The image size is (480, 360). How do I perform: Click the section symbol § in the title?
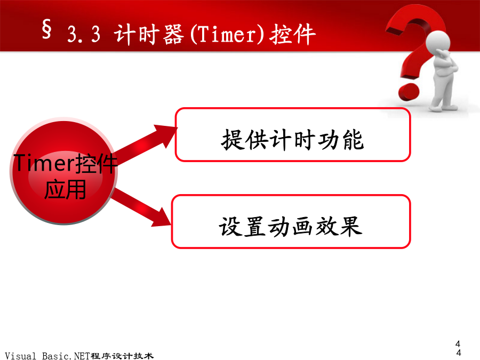point(46,29)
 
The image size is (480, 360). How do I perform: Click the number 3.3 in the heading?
point(84,34)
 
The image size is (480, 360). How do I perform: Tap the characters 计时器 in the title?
point(149,34)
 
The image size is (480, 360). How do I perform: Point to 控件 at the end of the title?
point(292,34)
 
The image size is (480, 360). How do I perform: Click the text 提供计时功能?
point(292,140)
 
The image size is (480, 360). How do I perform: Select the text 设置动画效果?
point(290,227)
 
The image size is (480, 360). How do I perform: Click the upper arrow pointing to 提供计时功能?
point(145,143)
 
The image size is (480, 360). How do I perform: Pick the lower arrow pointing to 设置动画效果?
point(141,207)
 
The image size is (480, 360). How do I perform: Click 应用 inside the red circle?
point(65,189)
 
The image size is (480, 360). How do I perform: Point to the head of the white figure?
point(438,42)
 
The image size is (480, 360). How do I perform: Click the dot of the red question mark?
point(409,91)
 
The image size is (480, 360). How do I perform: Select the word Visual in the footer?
point(20,356)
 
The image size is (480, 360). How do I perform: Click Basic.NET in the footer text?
point(66,356)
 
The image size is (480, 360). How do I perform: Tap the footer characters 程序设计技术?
point(122,356)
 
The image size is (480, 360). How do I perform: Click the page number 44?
point(458,348)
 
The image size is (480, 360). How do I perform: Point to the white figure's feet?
point(443,107)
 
